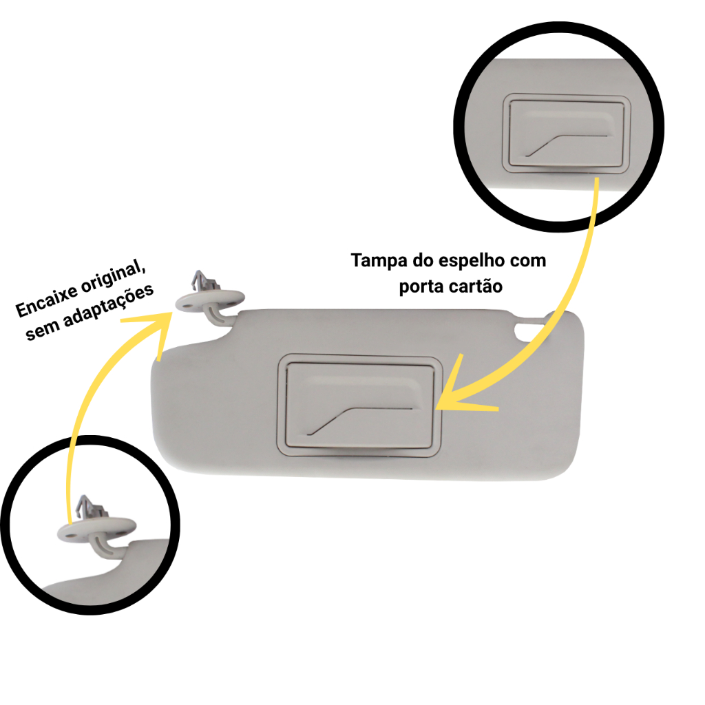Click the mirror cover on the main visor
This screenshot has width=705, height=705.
pyautogui.click(x=358, y=406)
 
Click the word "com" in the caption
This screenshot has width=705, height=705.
pyautogui.click(x=529, y=262)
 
